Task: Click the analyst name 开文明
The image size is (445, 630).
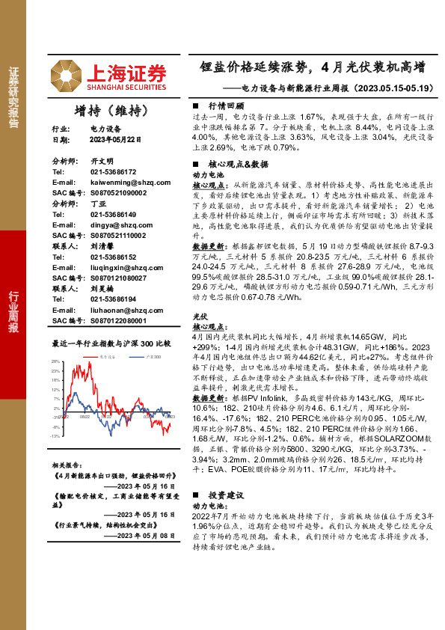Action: click(101, 162)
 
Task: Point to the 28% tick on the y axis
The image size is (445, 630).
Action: click(56, 361)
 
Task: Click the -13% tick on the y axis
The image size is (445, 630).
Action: click(55, 435)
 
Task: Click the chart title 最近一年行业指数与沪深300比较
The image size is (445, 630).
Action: click(111, 343)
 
